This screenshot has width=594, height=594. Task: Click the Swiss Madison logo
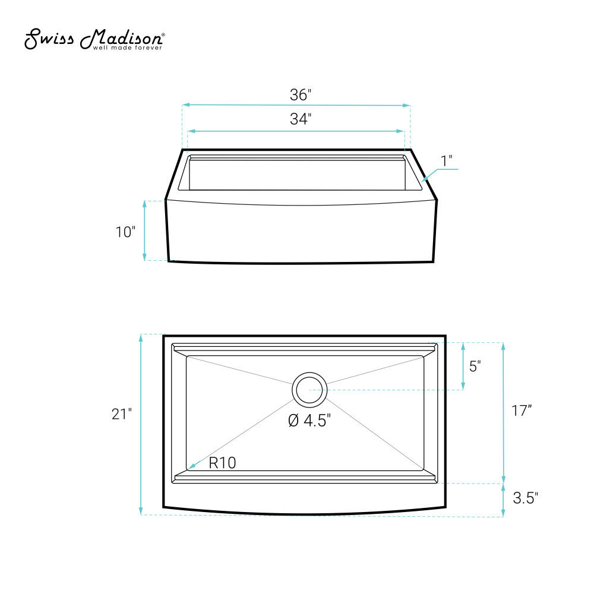94,39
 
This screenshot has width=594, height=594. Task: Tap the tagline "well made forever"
128,48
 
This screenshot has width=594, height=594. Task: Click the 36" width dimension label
301,94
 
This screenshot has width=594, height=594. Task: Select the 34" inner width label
301,119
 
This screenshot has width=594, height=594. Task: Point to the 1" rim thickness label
447,161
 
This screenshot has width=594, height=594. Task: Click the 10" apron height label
125,232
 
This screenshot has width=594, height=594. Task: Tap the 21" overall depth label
122,413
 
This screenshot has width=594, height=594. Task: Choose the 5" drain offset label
475,366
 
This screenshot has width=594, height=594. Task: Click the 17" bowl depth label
522,410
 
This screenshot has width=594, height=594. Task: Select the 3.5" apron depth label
526,498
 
